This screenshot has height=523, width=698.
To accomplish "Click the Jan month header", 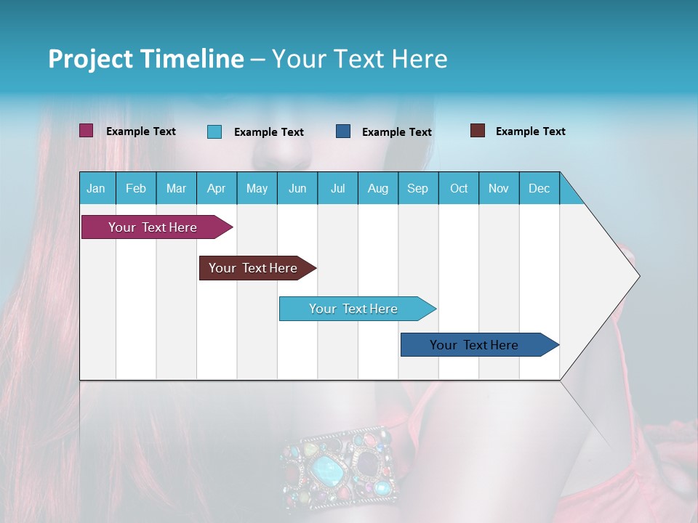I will [96, 188].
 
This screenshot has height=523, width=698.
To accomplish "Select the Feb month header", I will [136, 188].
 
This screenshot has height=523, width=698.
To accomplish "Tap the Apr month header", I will [217, 188].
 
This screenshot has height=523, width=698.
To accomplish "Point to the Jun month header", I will [297, 188].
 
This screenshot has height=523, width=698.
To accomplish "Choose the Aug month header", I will [378, 188].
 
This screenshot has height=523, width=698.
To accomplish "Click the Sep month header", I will [418, 188].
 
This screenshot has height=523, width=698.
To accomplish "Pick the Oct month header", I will [459, 188].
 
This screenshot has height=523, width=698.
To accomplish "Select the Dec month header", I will [539, 188].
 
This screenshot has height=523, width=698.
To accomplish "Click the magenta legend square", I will [87, 131].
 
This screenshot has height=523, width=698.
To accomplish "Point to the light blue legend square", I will [214, 131].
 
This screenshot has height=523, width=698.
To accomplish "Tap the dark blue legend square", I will [343, 131].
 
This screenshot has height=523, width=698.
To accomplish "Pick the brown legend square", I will [478, 131].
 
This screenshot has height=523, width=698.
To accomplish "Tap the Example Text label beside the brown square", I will [530, 131].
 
